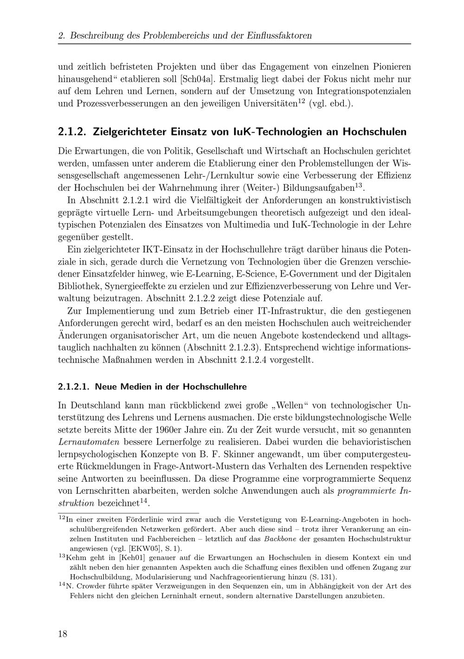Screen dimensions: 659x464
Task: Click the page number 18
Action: [63, 634]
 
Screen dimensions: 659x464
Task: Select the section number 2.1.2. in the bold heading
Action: [73, 132]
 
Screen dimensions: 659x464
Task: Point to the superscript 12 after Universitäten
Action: [301, 100]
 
